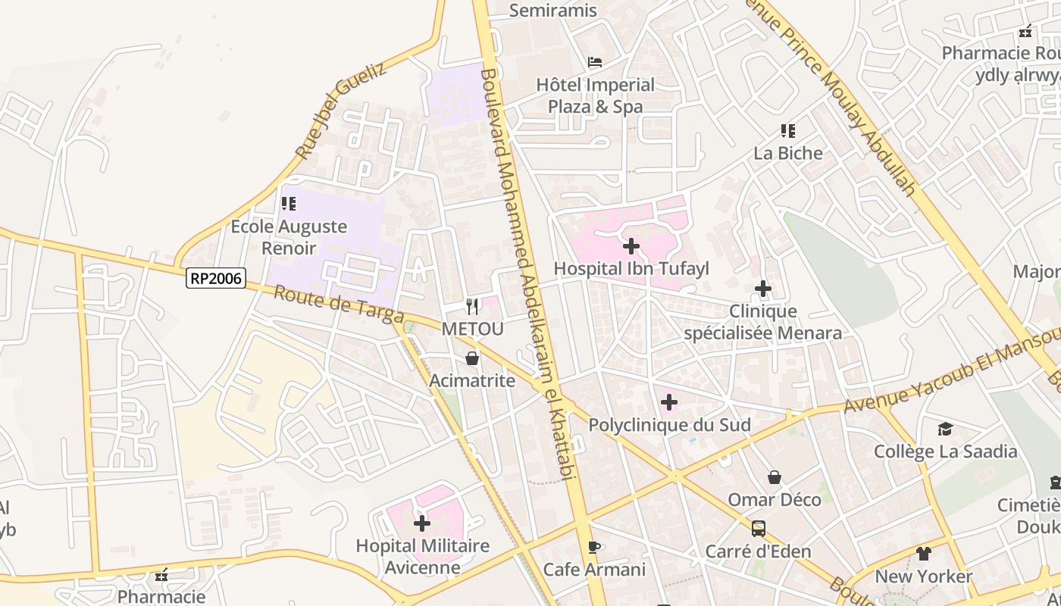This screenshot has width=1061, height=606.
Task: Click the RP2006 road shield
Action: click(216, 279)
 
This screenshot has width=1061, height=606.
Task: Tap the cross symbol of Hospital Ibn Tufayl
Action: click(631, 246)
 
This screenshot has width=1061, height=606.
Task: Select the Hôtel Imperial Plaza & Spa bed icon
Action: click(595, 62)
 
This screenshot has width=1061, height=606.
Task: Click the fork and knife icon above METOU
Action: click(472, 306)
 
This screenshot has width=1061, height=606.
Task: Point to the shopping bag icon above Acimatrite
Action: click(472, 358)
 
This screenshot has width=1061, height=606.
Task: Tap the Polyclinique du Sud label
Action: click(670, 425)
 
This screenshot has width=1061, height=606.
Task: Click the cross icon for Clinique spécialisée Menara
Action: click(763, 289)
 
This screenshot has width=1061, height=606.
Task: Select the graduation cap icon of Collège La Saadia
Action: click(945, 430)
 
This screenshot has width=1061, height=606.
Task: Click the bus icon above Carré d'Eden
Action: click(759, 528)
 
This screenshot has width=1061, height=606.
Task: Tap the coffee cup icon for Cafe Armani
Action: click(594, 547)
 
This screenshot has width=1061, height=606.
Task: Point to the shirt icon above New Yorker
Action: click(923, 554)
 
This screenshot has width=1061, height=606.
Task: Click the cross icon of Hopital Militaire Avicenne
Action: click(422, 523)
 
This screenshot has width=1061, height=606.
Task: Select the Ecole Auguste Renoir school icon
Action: click(289, 204)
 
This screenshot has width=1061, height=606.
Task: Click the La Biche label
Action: click(787, 153)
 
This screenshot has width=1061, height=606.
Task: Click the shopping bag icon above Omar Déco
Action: click(775, 477)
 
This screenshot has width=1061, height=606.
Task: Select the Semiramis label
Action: click(553, 11)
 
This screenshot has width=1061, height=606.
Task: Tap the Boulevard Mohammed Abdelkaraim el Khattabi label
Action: click(524, 273)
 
